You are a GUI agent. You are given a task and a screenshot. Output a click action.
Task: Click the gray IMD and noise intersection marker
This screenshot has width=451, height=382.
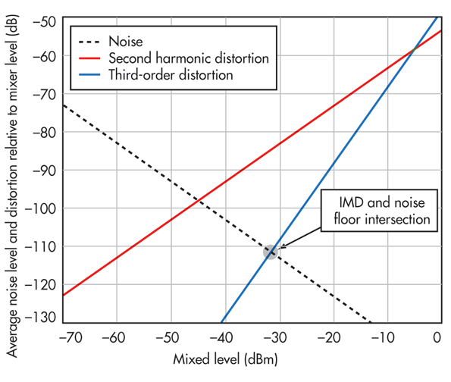271,252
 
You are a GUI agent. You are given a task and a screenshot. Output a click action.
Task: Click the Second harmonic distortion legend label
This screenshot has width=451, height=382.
189,58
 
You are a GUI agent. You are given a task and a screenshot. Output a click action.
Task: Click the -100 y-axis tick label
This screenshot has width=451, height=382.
42,208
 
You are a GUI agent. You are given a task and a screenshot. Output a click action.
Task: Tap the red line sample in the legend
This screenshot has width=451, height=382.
88,58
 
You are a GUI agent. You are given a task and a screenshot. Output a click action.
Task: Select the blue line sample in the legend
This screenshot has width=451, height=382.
88,75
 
